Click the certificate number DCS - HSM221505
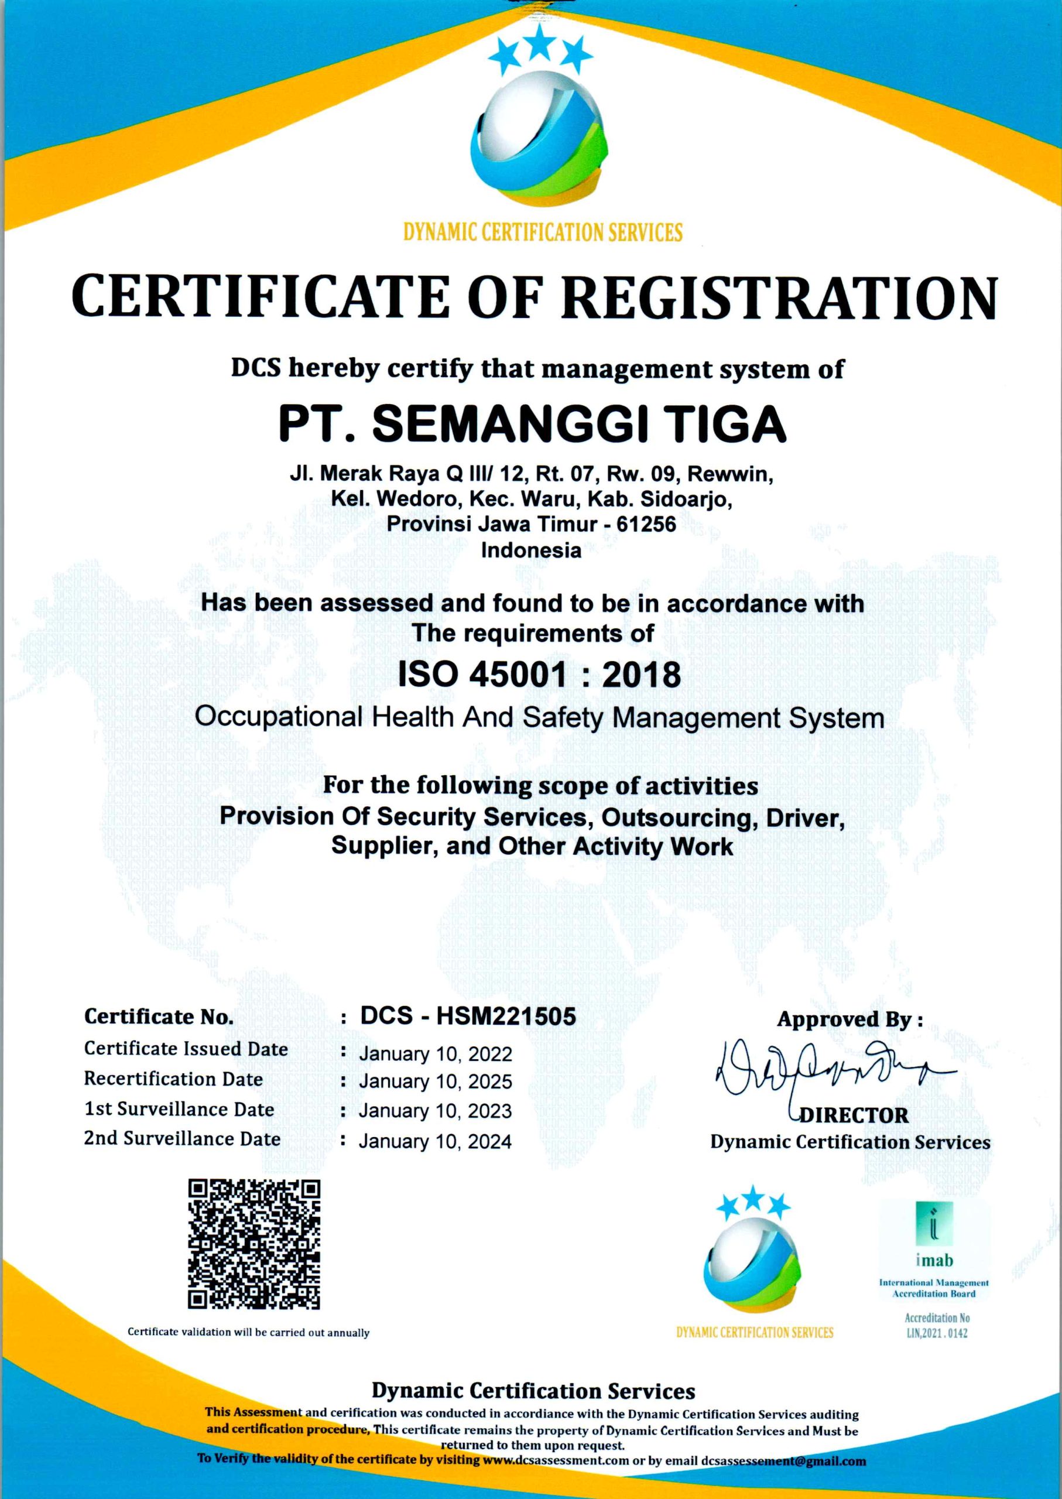click(468, 1015)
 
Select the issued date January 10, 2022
click(435, 1054)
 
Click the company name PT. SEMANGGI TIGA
click(532, 424)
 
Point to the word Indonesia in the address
click(531, 550)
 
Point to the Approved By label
click(849, 1019)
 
